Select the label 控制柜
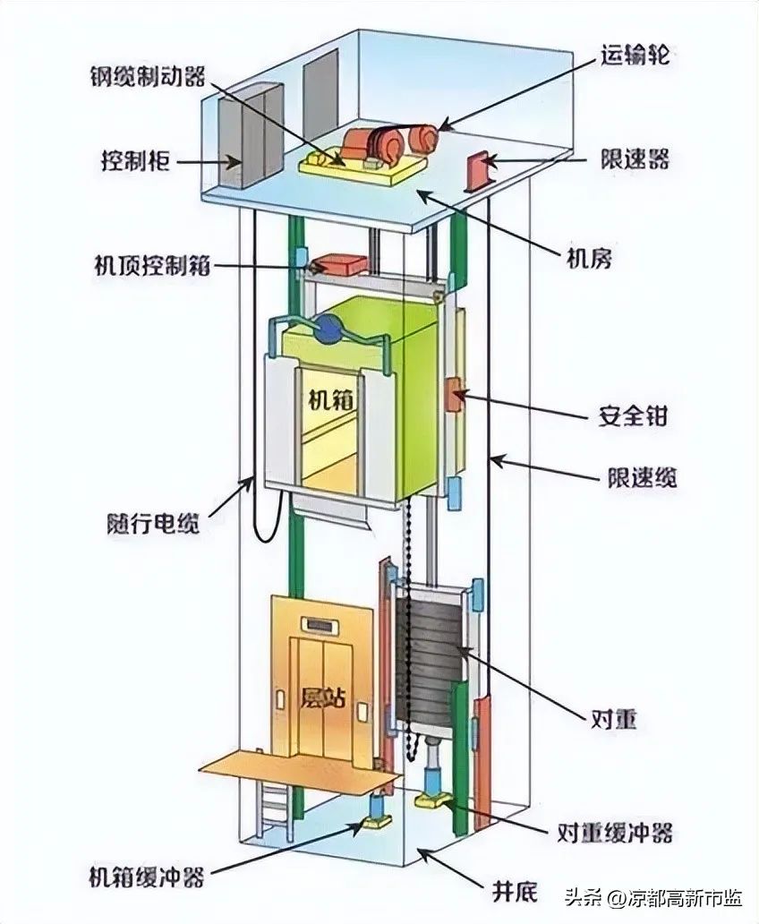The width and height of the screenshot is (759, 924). pyautogui.click(x=132, y=162)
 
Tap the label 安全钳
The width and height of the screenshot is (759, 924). pyautogui.click(x=632, y=416)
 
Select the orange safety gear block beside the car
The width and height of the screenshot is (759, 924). pyautogui.click(x=456, y=396)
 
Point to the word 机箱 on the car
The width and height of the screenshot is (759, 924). pyautogui.click(x=320, y=400)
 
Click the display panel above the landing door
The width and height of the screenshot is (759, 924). pyautogui.click(x=320, y=623)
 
